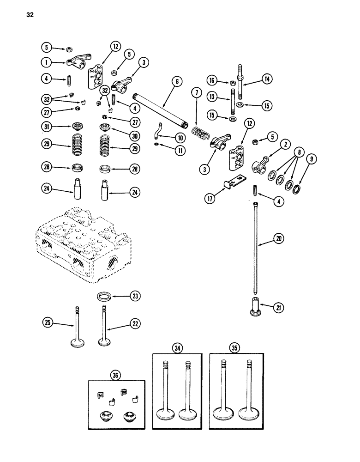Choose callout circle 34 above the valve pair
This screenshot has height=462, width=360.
point(177,347)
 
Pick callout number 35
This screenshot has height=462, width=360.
point(238,347)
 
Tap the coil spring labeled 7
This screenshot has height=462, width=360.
point(201,130)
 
